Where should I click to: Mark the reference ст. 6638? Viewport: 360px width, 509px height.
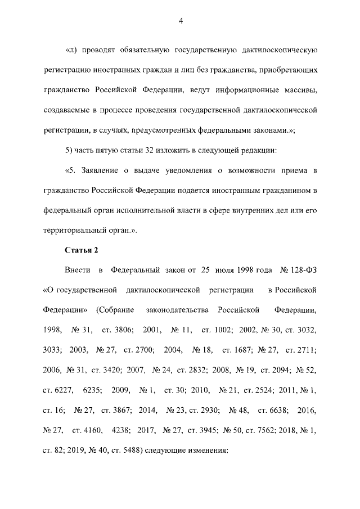point(272,409)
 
